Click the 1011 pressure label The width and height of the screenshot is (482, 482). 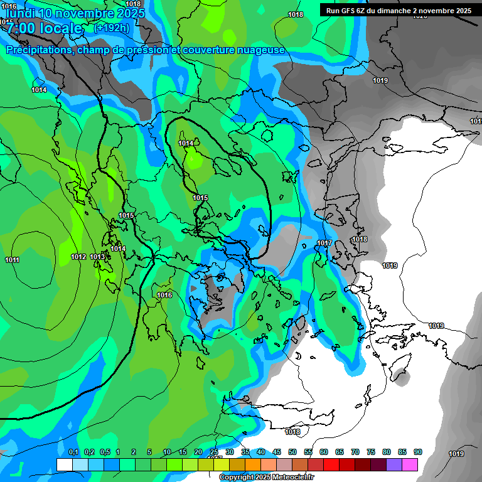click(x=12, y=260)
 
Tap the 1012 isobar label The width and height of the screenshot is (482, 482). click(x=78, y=257)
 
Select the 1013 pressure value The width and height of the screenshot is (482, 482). click(x=97, y=256)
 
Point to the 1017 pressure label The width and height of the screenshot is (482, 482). click(x=324, y=243)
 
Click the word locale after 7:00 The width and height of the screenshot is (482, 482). click(x=60, y=28)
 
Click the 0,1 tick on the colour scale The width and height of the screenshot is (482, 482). click(x=73, y=452)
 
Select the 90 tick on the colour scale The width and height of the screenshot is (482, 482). click(x=417, y=452)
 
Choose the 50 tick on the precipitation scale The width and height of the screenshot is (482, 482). click(x=292, y=452)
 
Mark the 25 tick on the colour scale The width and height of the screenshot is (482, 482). click(x=214, y=452)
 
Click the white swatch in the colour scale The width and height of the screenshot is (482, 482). click(x=64, y=464)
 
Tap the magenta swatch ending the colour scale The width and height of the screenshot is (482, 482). click(x=410, y=464)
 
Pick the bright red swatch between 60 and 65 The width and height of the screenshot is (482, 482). click(x=331, y=464)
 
